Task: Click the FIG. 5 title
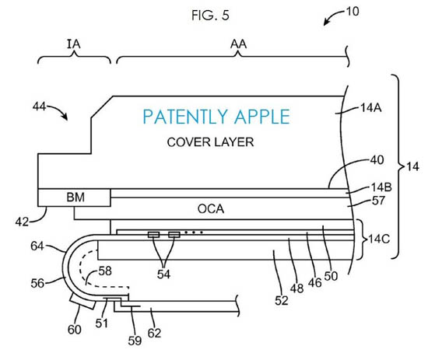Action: click(210, 16)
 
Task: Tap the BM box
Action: click(74, 197)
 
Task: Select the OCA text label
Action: click(211, 209)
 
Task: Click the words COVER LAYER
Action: click(210, 142)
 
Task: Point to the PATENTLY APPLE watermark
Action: click(216, 117)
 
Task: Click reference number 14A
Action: click(371, 108)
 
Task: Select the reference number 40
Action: click(377, 160)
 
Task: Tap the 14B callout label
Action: click(381, 187)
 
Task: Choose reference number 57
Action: click(378, 201)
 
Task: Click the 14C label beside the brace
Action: click(379, 239)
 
